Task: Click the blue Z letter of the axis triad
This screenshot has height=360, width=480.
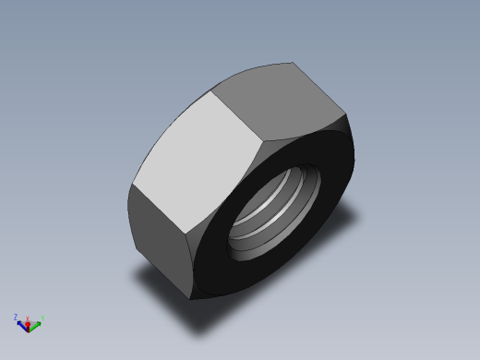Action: [x=17, y=317]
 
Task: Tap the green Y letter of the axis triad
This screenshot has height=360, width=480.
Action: [x=42, y=319]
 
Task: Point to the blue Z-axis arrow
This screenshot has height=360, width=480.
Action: [x=22, y=321]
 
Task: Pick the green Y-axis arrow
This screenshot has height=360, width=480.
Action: [x=36, y=323]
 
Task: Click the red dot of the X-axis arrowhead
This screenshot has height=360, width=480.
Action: [x=29, y=328]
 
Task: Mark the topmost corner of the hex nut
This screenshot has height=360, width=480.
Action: [x=294, y=63]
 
